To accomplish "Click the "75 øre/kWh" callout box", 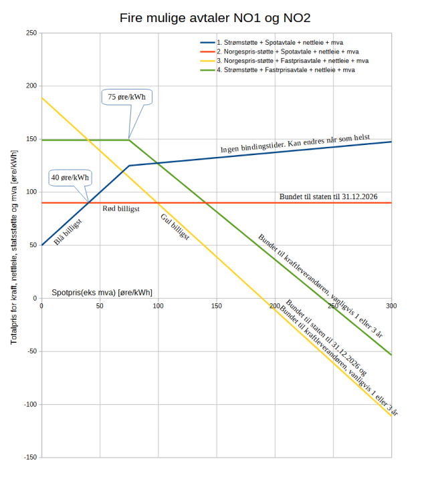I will (127, 97).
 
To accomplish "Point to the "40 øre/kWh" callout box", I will (70, 178).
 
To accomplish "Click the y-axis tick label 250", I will (30, 33).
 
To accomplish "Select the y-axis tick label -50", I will (30, 351).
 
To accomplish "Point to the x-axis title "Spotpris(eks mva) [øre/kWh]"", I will (102, 293).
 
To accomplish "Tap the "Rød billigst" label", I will (120, 209).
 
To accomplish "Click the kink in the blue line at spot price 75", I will (129, 166).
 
